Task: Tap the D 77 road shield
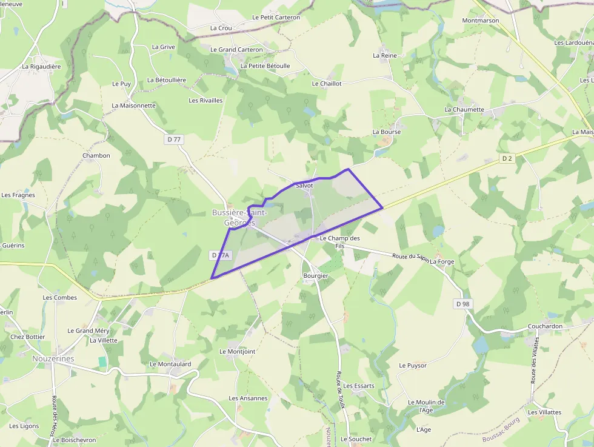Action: pyautogui.click(x=173, y=139)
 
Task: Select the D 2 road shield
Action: pyautogui.click(x=507, y=158)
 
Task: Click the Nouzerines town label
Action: pyautogui.click(x=53, y=358)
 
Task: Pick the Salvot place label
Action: pyautogui.click(x=304, y=185)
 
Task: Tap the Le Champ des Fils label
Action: pyautogui.click(x=339, y=242)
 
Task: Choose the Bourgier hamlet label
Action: pyautogui.click(x=315, y=276)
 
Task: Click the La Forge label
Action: pyautogui.click(x=442, y=261)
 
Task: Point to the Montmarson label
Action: pyautogui.click(x=480, y=21)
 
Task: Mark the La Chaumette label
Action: pyautogui.click(x=464, y=110)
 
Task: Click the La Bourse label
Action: pyautogui.click(x=386, y=132)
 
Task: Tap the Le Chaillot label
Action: pyautogui.click(x=327, y=84)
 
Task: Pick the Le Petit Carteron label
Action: pyautogui.click(x=276, y=18)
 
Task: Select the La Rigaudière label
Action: pyautogui.click(x=41, y=67)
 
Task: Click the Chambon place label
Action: pyautogui.click(x=96, y=156)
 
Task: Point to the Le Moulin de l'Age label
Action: pyautogui.click(x=426, y=406)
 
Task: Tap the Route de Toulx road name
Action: pyautogui.click(x=341, y=389)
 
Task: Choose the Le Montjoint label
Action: pyautogui.click(x=237, y=352)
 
